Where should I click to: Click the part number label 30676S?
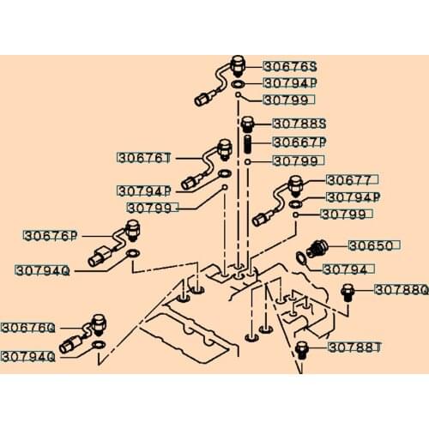(289, 66)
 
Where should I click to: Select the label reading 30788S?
(299, 124)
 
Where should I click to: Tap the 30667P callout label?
(299, 142)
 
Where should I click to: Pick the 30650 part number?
(371, 246)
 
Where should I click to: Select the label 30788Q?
(401, 290)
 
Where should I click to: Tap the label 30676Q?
(27, 328)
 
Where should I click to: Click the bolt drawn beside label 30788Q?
(347, 292)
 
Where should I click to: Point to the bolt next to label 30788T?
(302, 350)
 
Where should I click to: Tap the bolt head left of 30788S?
(247, 124)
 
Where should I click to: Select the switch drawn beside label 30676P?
(132, 230)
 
